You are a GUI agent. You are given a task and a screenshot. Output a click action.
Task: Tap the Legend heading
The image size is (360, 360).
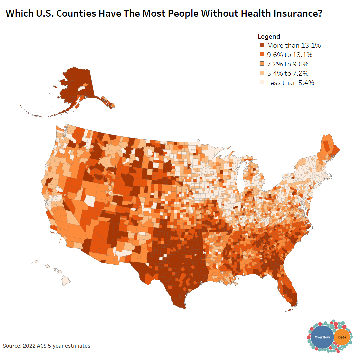(x=269, y=36)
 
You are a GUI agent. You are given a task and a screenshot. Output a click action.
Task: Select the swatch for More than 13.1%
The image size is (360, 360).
(x=262, y=45)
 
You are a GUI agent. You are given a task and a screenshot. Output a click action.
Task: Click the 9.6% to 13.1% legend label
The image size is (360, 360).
(x=289, y=55)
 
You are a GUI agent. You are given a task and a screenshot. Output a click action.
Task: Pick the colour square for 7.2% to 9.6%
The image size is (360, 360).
(x=262, y=64)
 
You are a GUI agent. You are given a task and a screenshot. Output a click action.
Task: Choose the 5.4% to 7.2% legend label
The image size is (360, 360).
(x=287, y=73)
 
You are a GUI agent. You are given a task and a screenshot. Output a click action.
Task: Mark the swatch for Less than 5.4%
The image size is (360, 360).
(x=262, y=83)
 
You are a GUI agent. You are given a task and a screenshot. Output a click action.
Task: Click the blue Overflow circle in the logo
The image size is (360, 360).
(x=322, y=337)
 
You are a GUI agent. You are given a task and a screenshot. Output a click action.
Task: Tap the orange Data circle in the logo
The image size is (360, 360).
(x=342, y=337)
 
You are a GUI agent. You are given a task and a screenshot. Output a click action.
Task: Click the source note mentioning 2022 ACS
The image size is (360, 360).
(x=47, y=346)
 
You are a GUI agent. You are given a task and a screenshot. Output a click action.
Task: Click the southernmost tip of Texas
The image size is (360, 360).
(x=181, y=307)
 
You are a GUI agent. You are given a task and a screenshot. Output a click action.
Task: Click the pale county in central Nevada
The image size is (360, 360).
(x=89, y=201)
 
